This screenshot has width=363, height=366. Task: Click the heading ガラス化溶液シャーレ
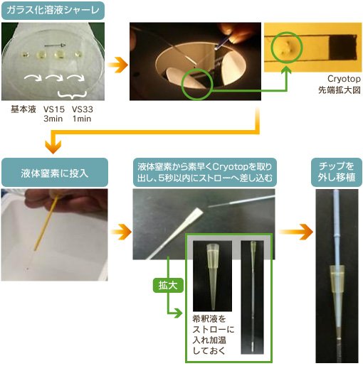coord(53,10)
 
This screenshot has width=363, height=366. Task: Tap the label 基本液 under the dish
coord(23,109)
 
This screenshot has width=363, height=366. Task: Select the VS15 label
coord(54,109)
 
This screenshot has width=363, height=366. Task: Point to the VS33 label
coord(83,109)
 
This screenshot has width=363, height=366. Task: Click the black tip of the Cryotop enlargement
coord(343,48)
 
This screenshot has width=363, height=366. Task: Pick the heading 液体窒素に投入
coord(55,173)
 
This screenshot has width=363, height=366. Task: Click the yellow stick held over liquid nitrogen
coord(46,222)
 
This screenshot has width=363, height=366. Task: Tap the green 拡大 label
coord(168,285)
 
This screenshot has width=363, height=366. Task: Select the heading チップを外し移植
coord(337,171)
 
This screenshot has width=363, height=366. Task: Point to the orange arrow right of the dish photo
coord(117,65)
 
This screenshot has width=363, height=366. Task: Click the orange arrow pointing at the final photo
coord(295,232)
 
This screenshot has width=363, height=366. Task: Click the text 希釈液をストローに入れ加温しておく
coord(213,335)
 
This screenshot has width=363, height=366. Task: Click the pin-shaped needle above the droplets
coord(55,45)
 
